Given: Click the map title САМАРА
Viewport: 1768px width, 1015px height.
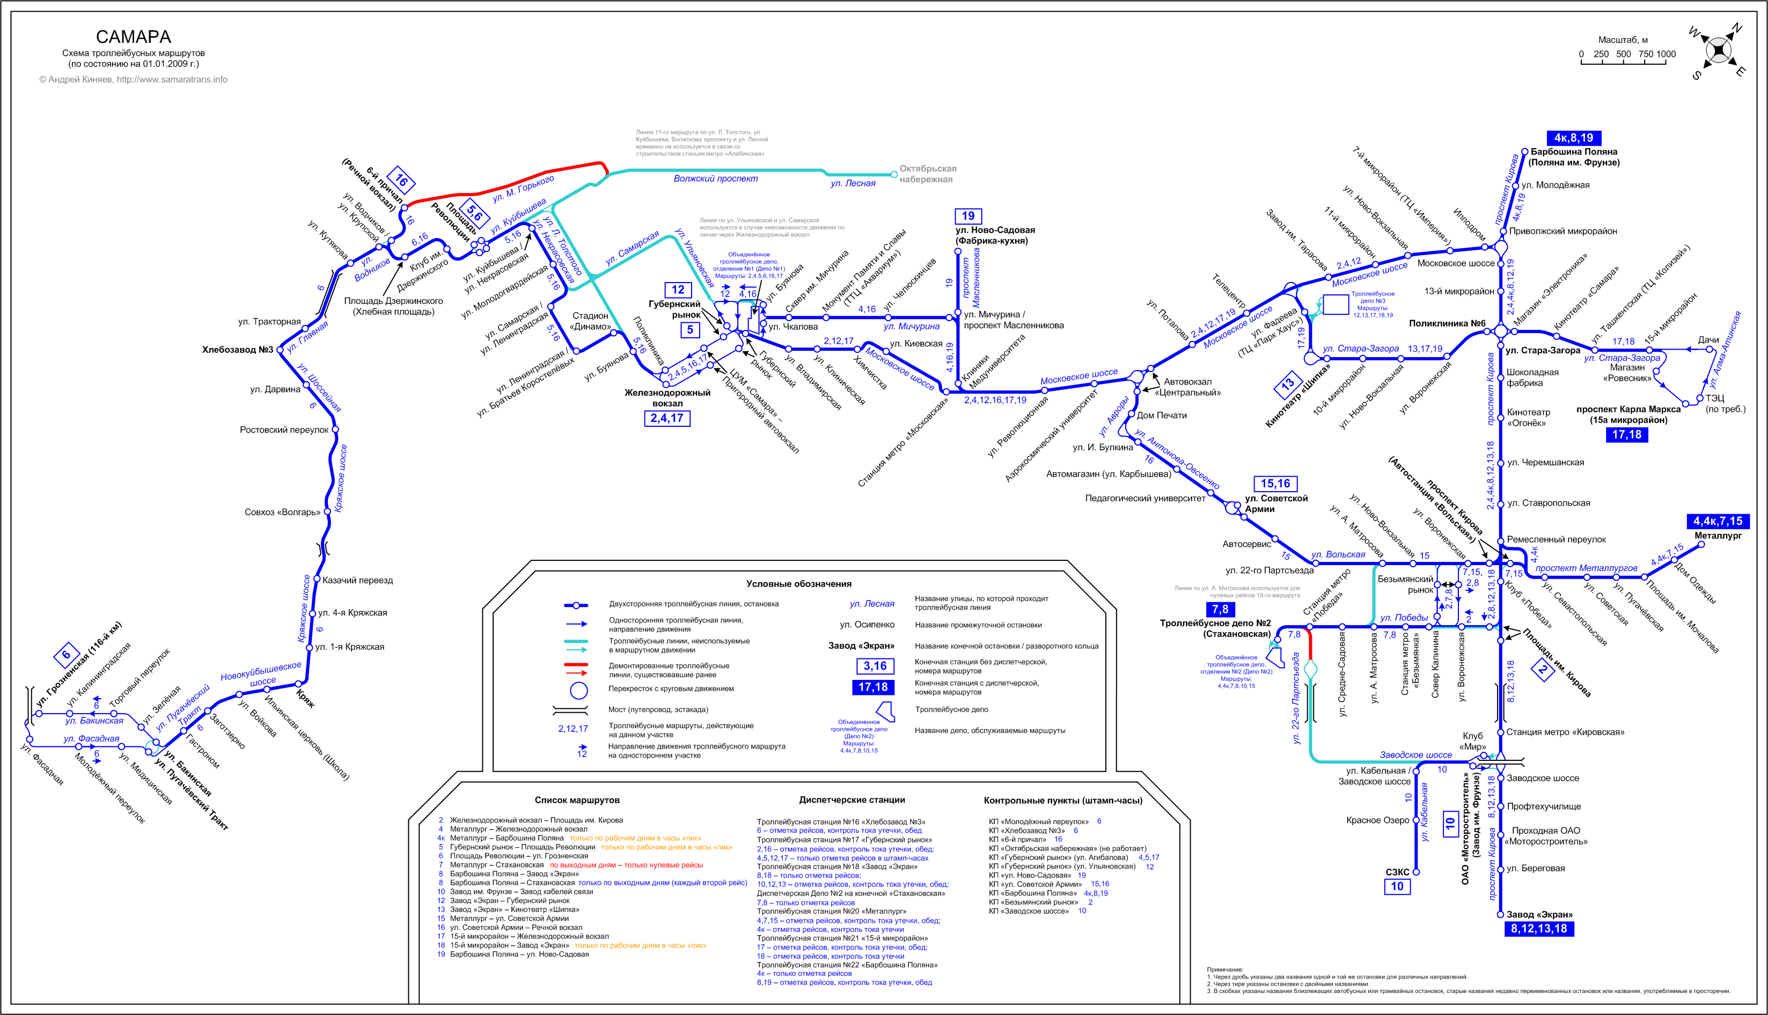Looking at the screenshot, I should tap(133, 37).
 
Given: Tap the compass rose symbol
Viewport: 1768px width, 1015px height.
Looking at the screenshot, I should tap(1718, 51).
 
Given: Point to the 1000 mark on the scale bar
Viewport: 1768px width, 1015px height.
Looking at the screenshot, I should tap(1666, 54).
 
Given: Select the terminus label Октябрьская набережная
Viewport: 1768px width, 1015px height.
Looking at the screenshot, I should tap(928, 174).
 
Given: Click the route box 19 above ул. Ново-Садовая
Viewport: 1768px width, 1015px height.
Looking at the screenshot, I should tap(968, 216).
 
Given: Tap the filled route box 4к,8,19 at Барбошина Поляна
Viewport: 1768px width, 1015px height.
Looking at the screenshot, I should tap(1573, 138).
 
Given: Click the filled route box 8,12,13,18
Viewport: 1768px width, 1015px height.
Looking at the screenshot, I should tap(1538, 929).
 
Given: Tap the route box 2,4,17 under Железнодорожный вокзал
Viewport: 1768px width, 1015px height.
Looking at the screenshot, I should tap(667, 418).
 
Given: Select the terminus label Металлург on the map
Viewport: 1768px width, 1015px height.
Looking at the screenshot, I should tap(1718, 536).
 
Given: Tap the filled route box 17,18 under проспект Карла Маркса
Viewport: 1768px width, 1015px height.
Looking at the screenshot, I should tap(1626, 435).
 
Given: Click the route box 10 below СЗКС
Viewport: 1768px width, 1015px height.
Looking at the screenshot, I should tap(1397, 887).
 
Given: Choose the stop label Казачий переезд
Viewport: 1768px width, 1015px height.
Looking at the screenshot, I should tap(357, 581).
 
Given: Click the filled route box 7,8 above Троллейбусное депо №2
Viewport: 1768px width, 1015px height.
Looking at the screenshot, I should tap(1220, 609).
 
